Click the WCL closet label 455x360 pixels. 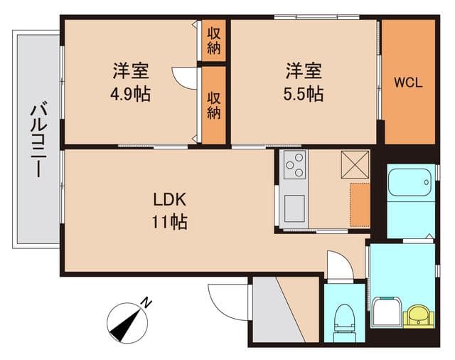[407, 83]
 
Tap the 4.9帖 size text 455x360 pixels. [130, 94]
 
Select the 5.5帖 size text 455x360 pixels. [304, 94]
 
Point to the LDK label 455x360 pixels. [169, 200]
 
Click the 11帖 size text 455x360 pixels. [170, 222]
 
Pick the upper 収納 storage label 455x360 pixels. [213, 41]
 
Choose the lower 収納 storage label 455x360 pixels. [213, 106]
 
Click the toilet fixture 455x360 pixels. [344, 322]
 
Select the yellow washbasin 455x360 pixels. [418, 316]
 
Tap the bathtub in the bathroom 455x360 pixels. [411, 182]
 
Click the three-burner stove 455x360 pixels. [294, 164]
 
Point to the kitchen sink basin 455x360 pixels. [294, 208]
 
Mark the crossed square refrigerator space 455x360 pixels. [355, 164]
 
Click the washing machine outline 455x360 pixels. [387, 312]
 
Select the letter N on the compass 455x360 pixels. [146, 303]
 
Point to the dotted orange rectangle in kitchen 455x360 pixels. [360, 205]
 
